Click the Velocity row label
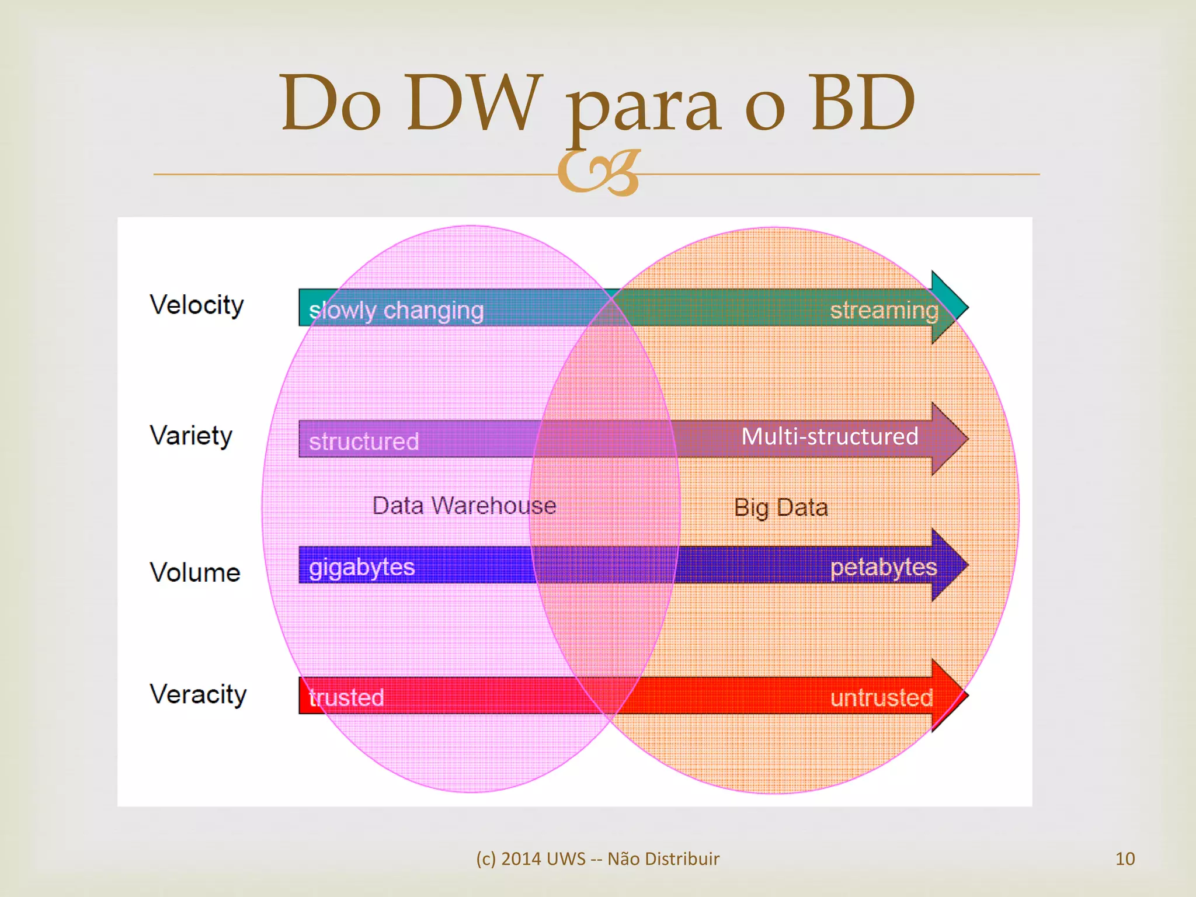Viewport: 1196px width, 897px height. click(x=197, y=305)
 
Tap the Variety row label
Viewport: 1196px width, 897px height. click(x=191, y=436)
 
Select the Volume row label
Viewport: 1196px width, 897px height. click(x=195, y=572)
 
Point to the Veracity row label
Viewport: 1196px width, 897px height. click(x=198, y=694)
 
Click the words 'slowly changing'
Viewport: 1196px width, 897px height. click(x=396, y=311)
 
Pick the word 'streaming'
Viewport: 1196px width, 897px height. click(x=884, y=310)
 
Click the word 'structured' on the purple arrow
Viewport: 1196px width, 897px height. click(x=364, y=441)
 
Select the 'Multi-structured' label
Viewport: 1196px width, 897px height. click(x=829, y=436)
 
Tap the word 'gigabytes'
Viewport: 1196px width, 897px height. click(x=361, y=567)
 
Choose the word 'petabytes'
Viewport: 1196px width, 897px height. click(x=884, y=567)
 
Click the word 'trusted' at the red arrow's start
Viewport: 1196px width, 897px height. click(x=346, y=697)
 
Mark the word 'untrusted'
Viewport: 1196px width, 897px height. click(x=881, y=698)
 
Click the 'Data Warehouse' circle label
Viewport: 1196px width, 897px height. click(x=464, y=506)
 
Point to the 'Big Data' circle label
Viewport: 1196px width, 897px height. click(x=781, y=507)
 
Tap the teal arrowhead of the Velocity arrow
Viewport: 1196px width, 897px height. click(x=948, y=307)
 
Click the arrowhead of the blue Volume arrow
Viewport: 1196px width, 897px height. click(x=948, y=565)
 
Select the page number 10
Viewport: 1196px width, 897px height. click(x=1125, y=858)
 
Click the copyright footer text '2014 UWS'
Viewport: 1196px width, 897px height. click(x=543, y=858)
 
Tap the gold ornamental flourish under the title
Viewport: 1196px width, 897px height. click(x=599, y=172)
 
